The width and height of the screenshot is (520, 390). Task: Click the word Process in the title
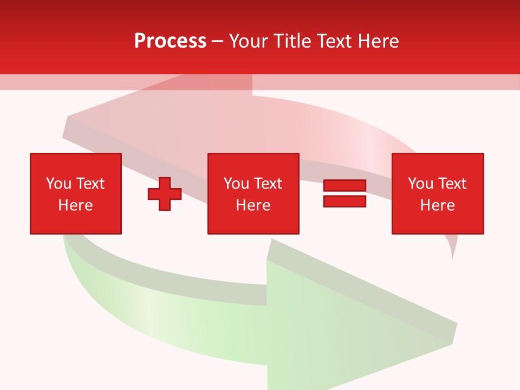pyautogui.click(x=170, y=41)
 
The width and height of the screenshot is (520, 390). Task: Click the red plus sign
pyautogui.click(x=165, y=194)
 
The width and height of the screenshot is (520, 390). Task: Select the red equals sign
pyautogui.click(x=344, y=193)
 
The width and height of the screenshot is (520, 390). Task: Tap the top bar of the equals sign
pyautogui.click(x=344, y=186)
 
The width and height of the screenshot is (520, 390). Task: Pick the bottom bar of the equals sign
pyautogui.click(x=344, y=201)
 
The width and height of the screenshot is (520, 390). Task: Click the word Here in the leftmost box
pyautogui.click(x=76, y=205)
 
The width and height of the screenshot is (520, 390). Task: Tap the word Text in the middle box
pyautogui.click(x=268, y=184)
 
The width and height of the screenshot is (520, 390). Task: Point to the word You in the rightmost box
pyautogui.click(x=420, y=184)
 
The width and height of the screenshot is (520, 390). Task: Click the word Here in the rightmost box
pyautogui.click(x=438, y=205)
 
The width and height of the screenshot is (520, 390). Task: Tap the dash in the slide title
pyautogui.click(x=218, y=42)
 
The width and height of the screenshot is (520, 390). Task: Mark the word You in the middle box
pyautogui.click(x=236, y=184)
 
